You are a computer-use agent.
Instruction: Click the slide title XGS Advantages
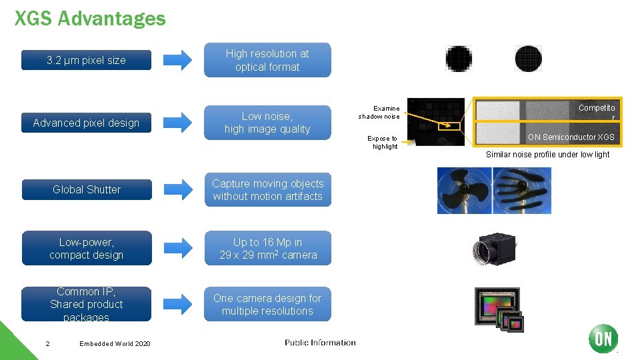coord(90,18)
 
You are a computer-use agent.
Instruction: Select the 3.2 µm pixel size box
coord(87,60)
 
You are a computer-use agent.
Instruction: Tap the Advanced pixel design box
coord(87,123)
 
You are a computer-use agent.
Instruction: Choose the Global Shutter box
coord(87,189)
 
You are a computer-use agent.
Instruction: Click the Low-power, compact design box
coord(87,248)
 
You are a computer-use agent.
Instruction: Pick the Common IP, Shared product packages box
coord(87,304)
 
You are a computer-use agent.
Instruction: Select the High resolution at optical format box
coord(267,60)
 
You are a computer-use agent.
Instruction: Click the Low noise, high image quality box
coord(267,123)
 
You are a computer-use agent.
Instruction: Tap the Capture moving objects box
coord(267,189)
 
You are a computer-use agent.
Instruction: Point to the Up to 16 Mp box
coord(267,248)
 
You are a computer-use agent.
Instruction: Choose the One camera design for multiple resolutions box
coord(267,304)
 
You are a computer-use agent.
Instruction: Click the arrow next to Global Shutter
coord(178,189)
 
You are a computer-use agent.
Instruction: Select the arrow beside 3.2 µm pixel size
coord(178,60)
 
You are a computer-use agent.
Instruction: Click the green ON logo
coord(603,339)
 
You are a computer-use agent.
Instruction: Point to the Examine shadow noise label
coord(379,112)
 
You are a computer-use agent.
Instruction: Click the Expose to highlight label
coord(383,143)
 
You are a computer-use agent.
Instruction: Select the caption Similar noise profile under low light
coord(547,155)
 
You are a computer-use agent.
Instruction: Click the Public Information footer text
coord(320,343)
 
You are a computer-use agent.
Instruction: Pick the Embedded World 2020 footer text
coord(115,343)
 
